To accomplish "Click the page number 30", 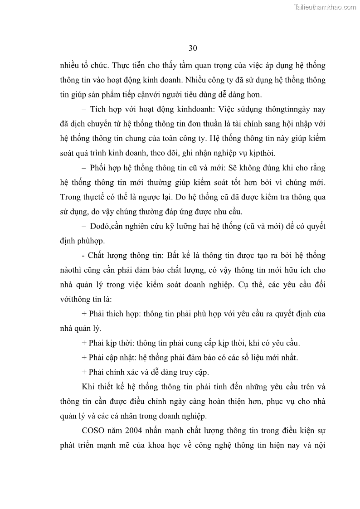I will pyautogui.click(x=192, y=48).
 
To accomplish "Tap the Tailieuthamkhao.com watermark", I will pyautogui.click(x=326, y=7).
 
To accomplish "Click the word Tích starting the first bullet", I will pyautogui.click(x=98, y=109).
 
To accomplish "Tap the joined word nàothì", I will pyautogui.click(x=73, y=271).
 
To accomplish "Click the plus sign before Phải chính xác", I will pyautogui.click(x=84, y=373).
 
